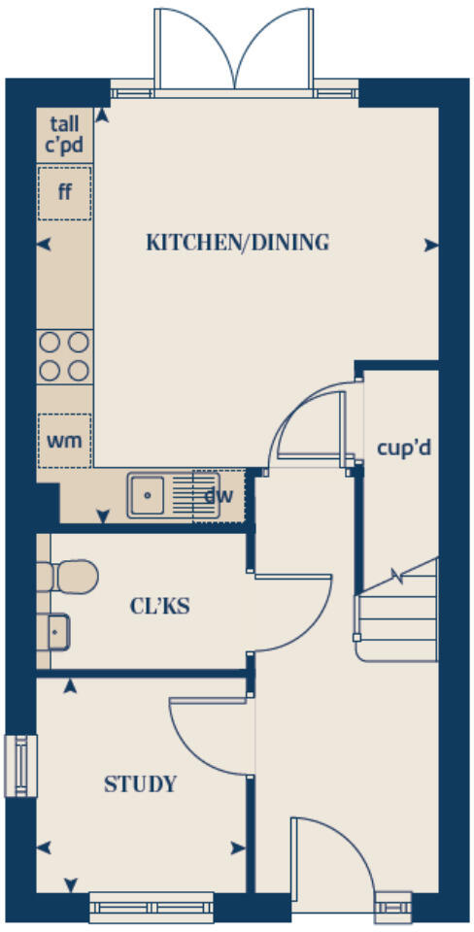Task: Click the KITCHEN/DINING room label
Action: click(x=237, y=243)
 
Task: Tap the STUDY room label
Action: click(x=141, y=783)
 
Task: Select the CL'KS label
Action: click(x=159, y=608)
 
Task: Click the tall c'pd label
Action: click(x=65, y=135)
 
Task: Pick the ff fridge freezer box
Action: click(x=65, y=191)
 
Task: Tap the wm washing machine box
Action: click(x=64, y=440)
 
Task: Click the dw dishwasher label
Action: click(x=220, y=496)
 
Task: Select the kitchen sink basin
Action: click(x=148, y=496)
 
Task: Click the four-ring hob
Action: click(x=65, y=356)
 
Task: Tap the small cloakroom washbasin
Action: click(x=55, y=633)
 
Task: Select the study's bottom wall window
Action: click(x=152, y=909)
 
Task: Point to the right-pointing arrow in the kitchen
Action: click(x=430, y=247)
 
